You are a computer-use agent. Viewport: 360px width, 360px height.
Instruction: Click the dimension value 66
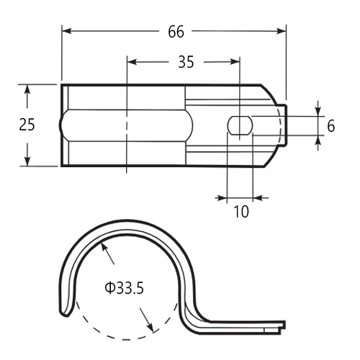click(x=176, y=32)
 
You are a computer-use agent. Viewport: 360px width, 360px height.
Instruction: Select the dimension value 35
click(x=186, y=62)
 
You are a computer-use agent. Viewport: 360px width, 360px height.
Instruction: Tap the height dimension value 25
click(x=27, y=125)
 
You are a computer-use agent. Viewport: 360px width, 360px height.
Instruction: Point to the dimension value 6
click(x=331, y=126)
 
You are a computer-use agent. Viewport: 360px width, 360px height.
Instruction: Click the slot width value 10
click(x=241, y=212)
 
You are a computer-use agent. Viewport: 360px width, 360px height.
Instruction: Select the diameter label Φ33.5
click(x=124, y=288)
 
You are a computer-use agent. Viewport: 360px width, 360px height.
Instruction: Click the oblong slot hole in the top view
click(x=240, y=125)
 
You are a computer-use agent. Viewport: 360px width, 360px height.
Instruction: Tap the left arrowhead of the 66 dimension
click(x=67, y=31)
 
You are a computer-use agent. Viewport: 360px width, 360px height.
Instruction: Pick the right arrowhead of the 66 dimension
click(x=282, y=31)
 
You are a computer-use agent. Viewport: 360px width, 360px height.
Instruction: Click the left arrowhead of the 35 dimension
click(x=132, y=62)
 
